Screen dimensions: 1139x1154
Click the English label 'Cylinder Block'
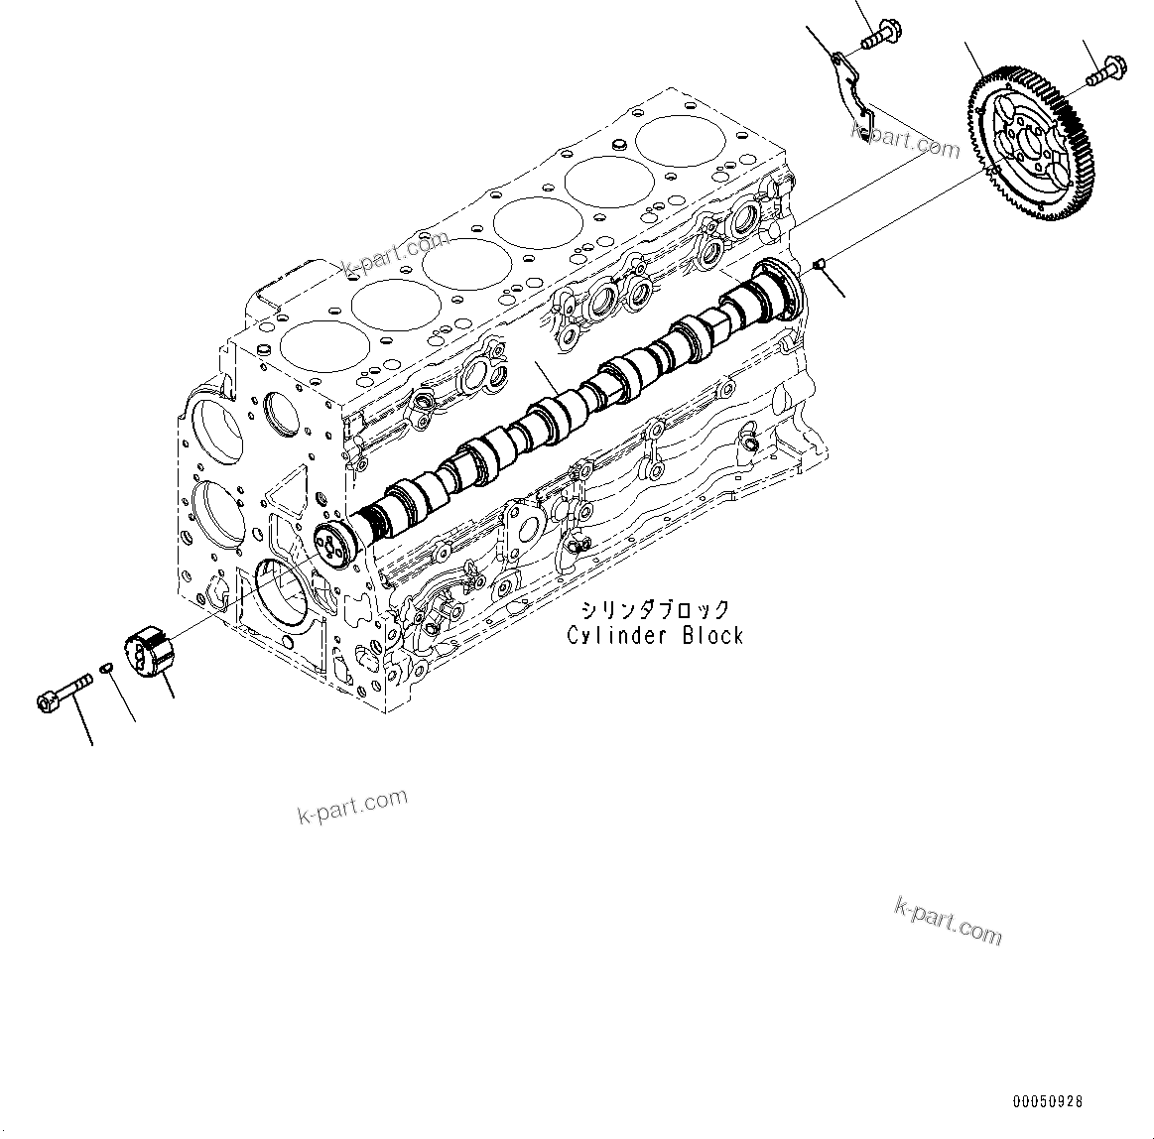[655, 636]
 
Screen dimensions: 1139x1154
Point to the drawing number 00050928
[1049, 1101]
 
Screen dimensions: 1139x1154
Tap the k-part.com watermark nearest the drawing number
[948, 920]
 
